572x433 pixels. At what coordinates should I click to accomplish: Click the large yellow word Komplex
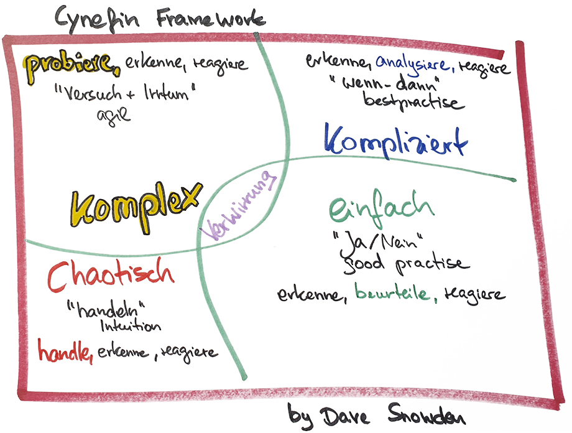tap(136, 205)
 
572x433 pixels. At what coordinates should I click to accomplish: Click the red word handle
tap(65, 352)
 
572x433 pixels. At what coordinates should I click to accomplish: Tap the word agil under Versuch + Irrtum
tap(113, 116)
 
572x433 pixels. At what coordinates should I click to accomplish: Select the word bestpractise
tap(414, 101)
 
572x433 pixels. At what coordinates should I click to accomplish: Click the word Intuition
tap(130, 326)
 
